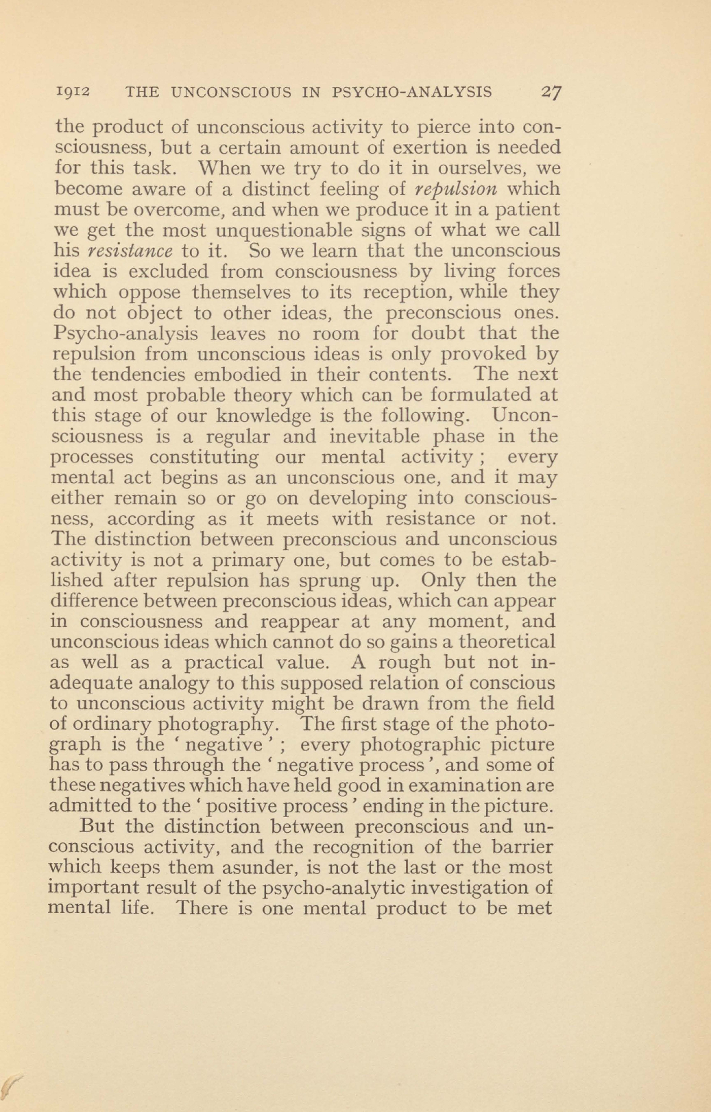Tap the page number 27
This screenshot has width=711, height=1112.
pos(551,92)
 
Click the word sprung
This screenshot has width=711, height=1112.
pos(330,581)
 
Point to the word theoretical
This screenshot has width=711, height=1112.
pos(508,642)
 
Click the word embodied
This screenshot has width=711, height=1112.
pos(248,375)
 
